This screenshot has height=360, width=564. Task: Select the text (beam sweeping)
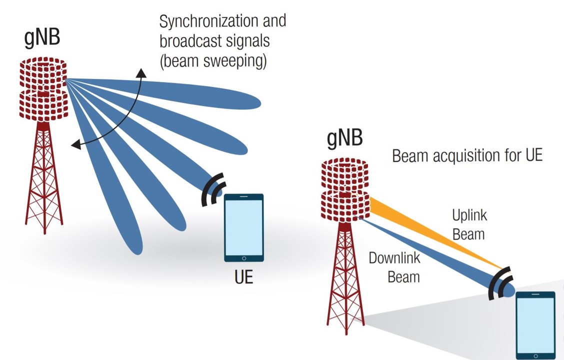click(x=213, y=61)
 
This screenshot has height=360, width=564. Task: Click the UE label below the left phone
click(x=243, y=276)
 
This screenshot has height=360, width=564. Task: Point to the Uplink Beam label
click(x=469, y=224)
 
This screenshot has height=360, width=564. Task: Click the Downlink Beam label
click(x=394, y=267)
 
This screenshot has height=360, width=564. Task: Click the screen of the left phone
click(x=243, y=227)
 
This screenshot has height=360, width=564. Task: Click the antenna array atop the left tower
click(x=43, y=90)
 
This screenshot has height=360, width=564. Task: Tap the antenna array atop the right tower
click(x=345, y=190)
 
